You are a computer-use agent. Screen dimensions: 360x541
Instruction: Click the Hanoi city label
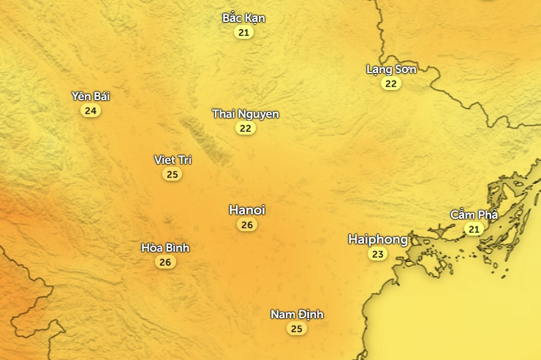[247, 210]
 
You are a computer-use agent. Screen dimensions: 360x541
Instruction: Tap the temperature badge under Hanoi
[247, 225]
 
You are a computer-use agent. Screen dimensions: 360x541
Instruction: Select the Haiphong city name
[377, 239]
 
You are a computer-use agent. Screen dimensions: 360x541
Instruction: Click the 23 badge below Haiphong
[377, 254]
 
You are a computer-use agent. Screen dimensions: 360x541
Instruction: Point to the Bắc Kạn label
[243, 18]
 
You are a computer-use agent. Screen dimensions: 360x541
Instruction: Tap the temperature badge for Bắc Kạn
[243, 32]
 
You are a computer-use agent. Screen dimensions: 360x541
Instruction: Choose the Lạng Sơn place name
[391, 70]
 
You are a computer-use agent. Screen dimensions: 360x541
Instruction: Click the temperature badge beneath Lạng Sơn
[391, 83]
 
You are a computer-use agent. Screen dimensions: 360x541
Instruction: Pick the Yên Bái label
[91, 96]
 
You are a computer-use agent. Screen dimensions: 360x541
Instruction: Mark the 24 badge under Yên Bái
[91, 110]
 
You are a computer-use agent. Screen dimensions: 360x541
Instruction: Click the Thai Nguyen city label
[246, 114]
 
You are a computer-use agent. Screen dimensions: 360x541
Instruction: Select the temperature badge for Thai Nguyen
[246, 128]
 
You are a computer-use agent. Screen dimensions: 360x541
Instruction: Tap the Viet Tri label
[173, 160]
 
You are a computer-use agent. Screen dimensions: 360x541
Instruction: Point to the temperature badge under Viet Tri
[173, 174]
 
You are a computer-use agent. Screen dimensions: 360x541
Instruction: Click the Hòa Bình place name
[165, 247]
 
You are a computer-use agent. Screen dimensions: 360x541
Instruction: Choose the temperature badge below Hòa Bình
[165, 262]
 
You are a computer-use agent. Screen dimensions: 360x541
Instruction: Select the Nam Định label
[297, 315]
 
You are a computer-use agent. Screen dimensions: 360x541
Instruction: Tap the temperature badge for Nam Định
[297, 329]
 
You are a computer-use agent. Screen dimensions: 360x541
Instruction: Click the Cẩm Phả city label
[474, 214]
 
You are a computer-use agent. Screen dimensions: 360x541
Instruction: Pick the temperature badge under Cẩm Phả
[474, 229]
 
